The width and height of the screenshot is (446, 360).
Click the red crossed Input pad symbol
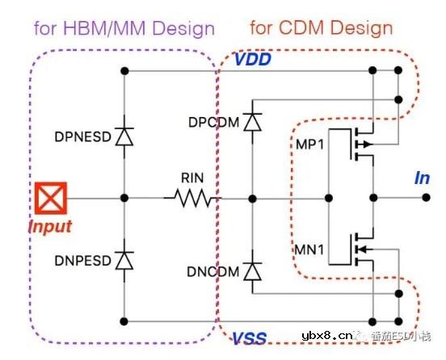tap(47, 196)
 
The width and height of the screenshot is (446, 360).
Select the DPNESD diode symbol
tap(124, 136)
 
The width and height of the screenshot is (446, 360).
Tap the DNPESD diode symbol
tap(124, 260)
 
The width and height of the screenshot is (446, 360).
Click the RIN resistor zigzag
tap(191, 197)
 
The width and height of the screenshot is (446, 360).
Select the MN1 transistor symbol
tap(356, 249)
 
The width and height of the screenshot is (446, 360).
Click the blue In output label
tap(422, 178)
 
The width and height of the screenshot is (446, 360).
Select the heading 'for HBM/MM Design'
tap(124, 30)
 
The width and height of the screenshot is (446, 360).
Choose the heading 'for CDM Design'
tap(321, 28)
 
